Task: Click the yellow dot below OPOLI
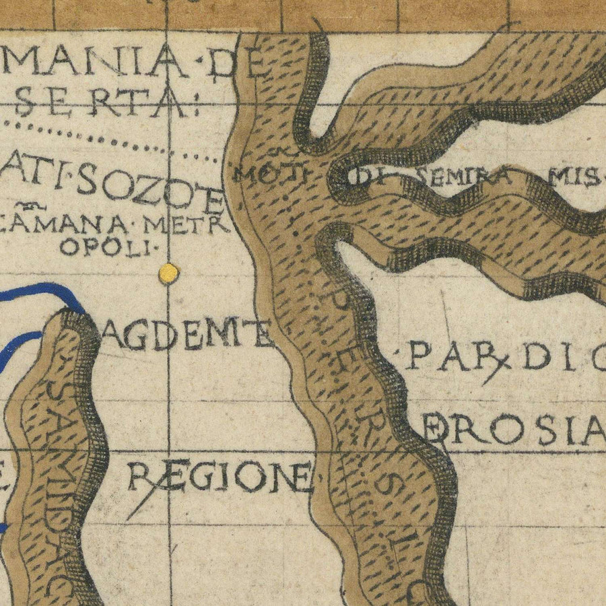(168, 273)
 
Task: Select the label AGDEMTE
(187, 335)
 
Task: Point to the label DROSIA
(516, 431)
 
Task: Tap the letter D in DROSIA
(438, 431)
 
